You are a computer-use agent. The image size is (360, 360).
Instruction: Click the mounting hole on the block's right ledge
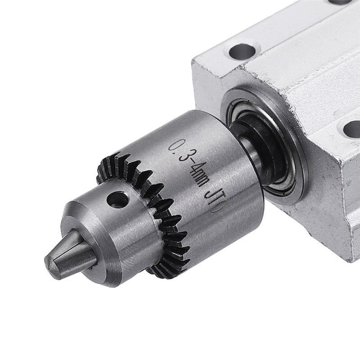[x=351, y=129]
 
